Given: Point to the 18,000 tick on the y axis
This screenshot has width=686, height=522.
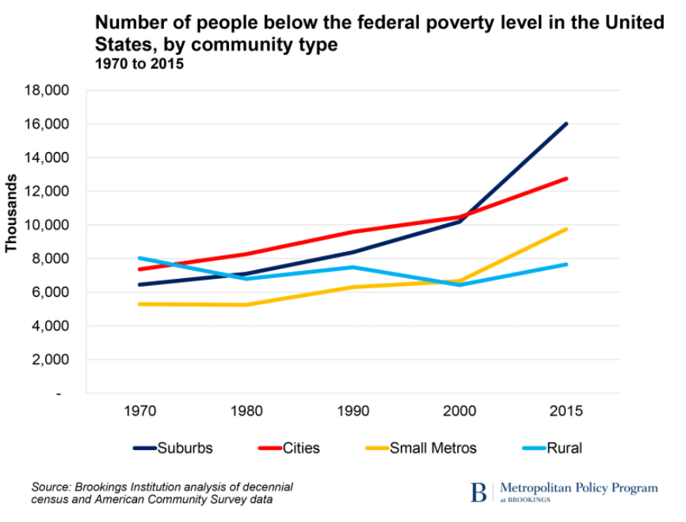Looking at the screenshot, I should (x=48, y=90).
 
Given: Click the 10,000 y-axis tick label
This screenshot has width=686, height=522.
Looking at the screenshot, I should (x=48, y=225).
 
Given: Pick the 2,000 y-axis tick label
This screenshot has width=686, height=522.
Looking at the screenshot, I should (x=52, y=360).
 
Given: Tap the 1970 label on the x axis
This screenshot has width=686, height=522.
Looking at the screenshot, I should (x=139, y=411).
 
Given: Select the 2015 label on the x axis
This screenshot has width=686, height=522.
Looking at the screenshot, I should (x=566, y=411).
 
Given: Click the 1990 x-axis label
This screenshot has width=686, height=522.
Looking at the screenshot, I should (x=353, y=411).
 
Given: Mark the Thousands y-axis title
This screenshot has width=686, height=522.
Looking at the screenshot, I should (x=12, y=213).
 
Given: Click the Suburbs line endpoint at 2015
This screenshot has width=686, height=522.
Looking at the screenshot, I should (x=566, y=124).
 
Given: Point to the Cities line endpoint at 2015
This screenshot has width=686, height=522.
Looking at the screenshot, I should (x=566, y=178).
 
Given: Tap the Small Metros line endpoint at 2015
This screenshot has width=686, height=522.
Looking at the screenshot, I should (x=566, y=229).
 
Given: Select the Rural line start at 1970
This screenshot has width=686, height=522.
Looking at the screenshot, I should (x=139, y=258).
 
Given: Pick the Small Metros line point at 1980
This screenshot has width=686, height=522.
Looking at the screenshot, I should (x=246, y=305).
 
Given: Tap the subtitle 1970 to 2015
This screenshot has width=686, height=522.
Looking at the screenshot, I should (x=139, y=64).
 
